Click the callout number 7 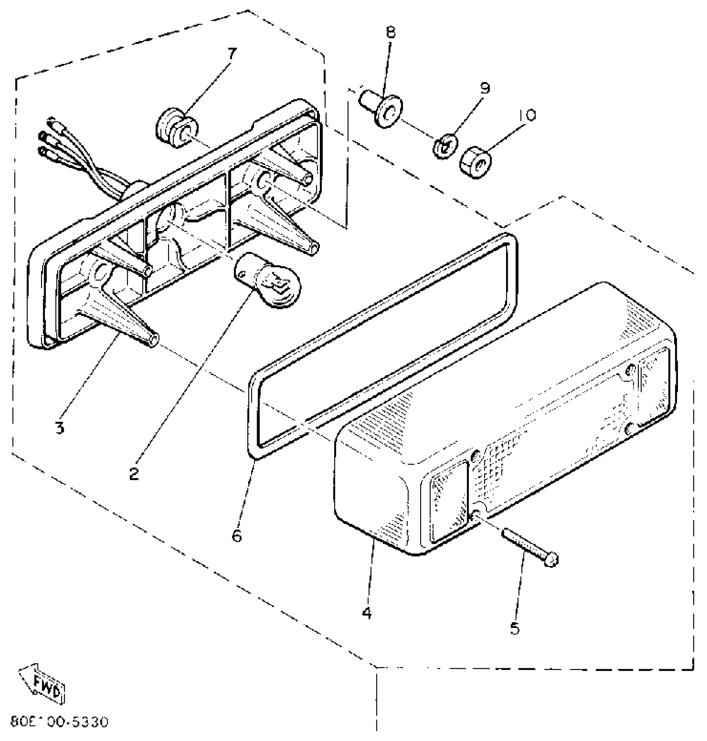click(x=232, y=54)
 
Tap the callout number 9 click(x=485, y=88)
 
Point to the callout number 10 click(x=527, y=115)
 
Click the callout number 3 click(x=60, y=427)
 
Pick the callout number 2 click(x=134, y=473)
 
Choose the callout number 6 click(x=236, y=536)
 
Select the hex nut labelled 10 click(x=475, y=163)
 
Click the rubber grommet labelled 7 click(x=177, y=128)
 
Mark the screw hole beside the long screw click(x=476, y=516)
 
